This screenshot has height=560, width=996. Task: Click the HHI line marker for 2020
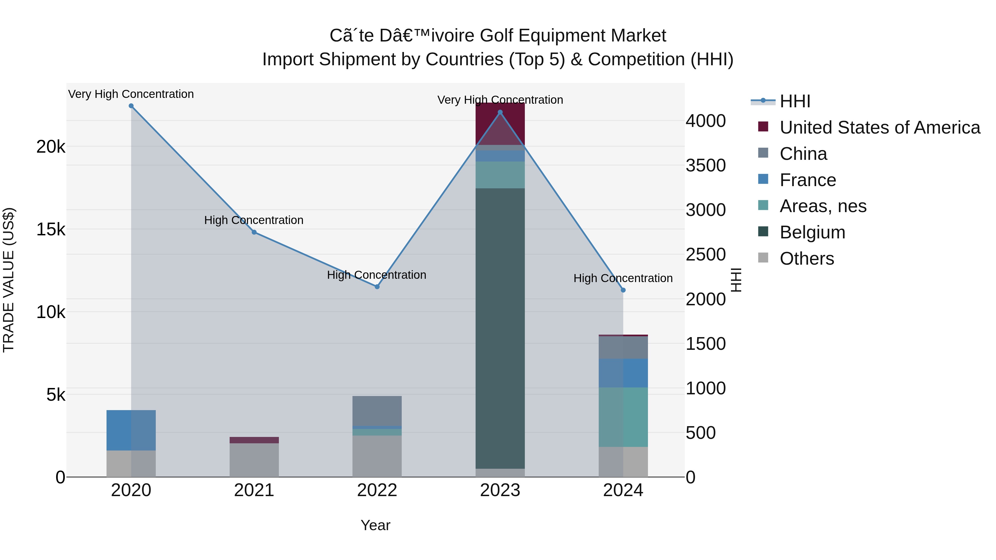click(x=131, y=106)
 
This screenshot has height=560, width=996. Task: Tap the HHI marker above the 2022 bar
click(x=377, y=287)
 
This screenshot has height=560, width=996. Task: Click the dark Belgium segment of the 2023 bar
click(x=500, y=329)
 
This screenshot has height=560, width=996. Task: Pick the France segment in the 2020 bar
click(x=131, y=430)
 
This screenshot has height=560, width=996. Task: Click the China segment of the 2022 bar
click(x=377, y=411)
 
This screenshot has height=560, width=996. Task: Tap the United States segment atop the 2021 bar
click(x=254, y=440)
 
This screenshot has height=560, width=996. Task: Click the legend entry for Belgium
click(x=812, y=232)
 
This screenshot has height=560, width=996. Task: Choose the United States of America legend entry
click(x=879, y=127)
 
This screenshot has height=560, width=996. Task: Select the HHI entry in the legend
click(x=795, y=101)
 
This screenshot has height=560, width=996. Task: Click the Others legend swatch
click(x=763, y=258)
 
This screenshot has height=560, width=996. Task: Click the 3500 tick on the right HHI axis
click(x=705, y=165)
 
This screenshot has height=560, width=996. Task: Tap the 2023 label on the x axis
click(x=500, y=490)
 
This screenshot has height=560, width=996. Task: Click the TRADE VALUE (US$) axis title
click(x=9, y=280)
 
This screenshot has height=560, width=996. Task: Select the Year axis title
click(x=375, y=525)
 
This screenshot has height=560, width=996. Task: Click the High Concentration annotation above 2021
click(x=254, y=220)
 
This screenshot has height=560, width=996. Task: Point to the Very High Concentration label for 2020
click(x=131, y=94)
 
